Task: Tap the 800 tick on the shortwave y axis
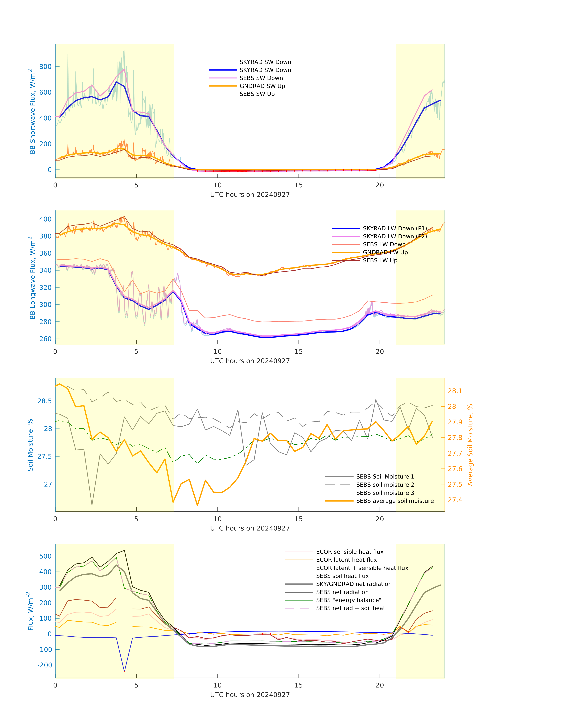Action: tap(45, 67)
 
